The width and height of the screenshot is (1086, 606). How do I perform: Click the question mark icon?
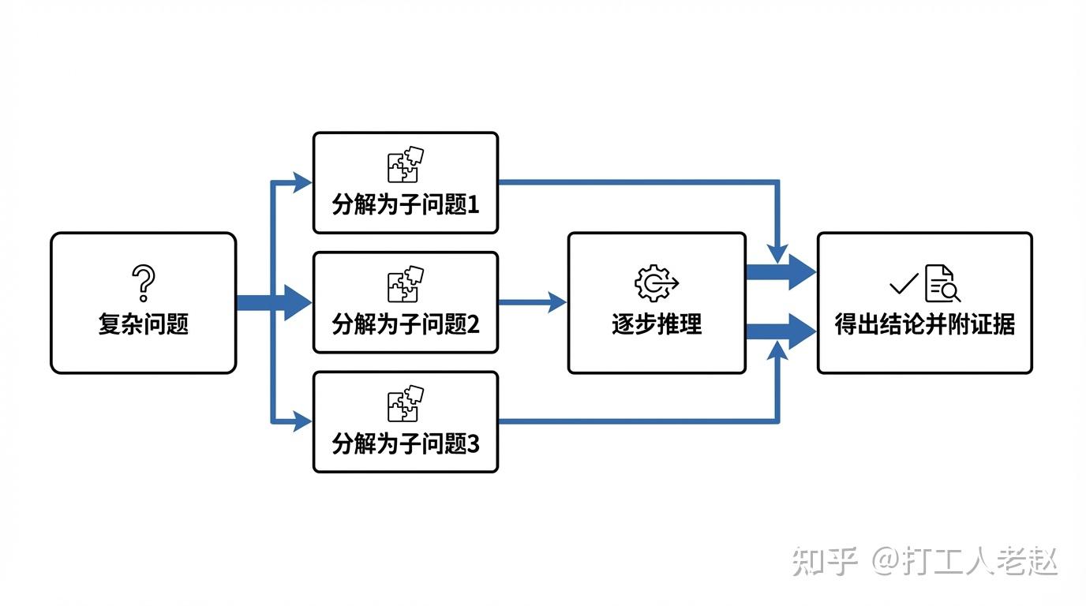[x=144, y=283]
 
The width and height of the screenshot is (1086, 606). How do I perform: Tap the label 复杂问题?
[x=144, y=324]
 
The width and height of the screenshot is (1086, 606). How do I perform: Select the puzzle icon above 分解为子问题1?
[x=406, y=164]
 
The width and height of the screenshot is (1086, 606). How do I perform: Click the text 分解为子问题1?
[x=406, y=204]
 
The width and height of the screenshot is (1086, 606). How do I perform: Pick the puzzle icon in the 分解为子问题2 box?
[x=406, y=284]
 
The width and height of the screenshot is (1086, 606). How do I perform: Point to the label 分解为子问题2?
[x=406, y=324]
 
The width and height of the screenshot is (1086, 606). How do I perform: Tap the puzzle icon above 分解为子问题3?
[x=406, y=403]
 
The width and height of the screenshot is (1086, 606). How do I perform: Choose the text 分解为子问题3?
[x=406, y=443]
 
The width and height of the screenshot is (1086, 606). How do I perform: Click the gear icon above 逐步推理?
[x=657, y=283]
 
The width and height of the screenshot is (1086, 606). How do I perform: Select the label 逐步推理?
[x=657, y=324]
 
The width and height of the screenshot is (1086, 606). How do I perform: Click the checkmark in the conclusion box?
[x=904, y=283]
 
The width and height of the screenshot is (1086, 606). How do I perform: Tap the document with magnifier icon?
[x=942, y=283]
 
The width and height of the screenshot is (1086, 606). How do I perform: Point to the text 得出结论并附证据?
[x=924, y=324]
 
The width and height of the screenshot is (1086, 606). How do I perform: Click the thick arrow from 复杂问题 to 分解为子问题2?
[x=274, y=302]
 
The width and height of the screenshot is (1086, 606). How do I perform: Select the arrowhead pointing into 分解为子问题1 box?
[x=302, y=183]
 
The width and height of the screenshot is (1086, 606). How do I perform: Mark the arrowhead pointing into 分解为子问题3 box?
[x=302, y=422]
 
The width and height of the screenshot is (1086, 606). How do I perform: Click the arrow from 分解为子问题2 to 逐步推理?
[x=532, y=302]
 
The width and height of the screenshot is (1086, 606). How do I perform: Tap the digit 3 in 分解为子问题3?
[x=474, y=444]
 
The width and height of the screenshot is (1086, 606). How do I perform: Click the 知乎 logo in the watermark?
[x=825, y=561]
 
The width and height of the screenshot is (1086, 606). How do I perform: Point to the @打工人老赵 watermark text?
[x=965, y=561]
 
